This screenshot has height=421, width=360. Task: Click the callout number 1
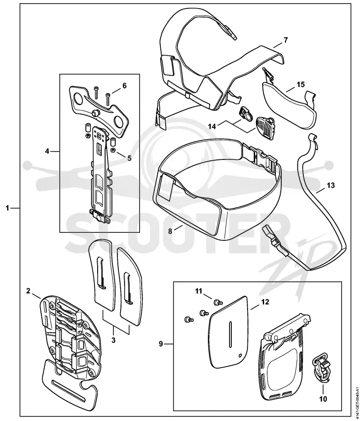pyautogui.click(x=8, y=208)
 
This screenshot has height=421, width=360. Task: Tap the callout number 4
pyautogui.click(x=47, y=151)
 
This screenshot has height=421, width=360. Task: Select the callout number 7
pyautogui.click(x=285, y=40)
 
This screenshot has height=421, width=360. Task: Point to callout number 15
pyautogui.click(x=301, y=85)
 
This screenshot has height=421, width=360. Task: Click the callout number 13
pyautogui.click(x=331, y=185)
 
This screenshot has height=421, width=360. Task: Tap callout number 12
pyautogui.click(x=265, y=302)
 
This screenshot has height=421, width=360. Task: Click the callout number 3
pyautogui.click(x=113, y=340)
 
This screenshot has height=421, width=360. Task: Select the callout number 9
pyautogui.click(x=161, y=344)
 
